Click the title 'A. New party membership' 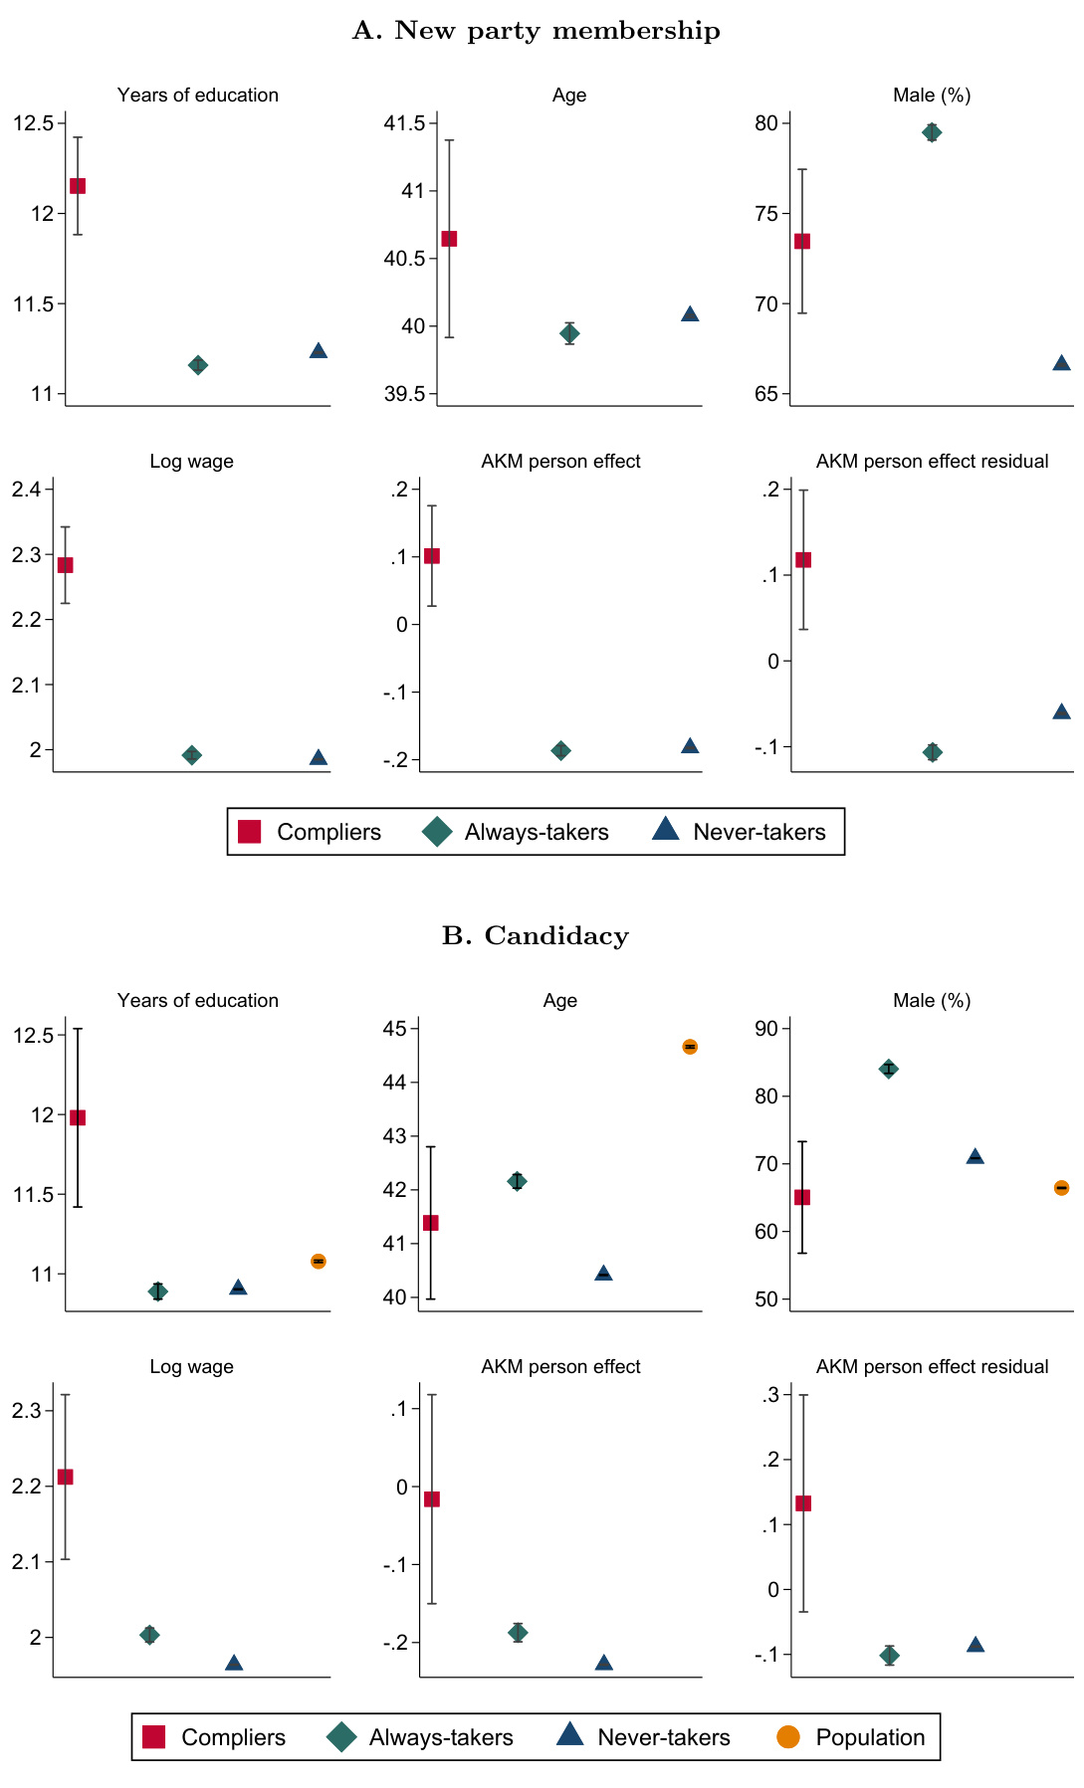click(536, 31)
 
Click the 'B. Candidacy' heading click(536, 936)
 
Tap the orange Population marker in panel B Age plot click(690, 1047)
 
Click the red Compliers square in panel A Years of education click(77, 186)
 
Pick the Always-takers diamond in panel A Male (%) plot click(932, 132)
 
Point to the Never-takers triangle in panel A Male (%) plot click(1061, 363)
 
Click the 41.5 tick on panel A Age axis click(404, 123)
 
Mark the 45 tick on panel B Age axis click(408, 1029)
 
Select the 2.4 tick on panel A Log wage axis click(27, 490)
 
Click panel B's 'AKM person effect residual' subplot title click(932, 1367)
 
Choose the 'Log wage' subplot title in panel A click(191, 462)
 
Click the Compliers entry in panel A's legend click(309, 832)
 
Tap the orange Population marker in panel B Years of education click(319, 1261)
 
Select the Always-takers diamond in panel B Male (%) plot click(889, 1070)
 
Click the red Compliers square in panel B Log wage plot click(65, 1477)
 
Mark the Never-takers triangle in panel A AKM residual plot click(1061, 711)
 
